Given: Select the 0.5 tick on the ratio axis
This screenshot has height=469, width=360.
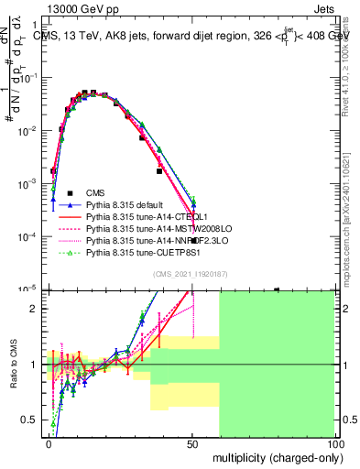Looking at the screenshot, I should pyautogui.click(x=34, y=420).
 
